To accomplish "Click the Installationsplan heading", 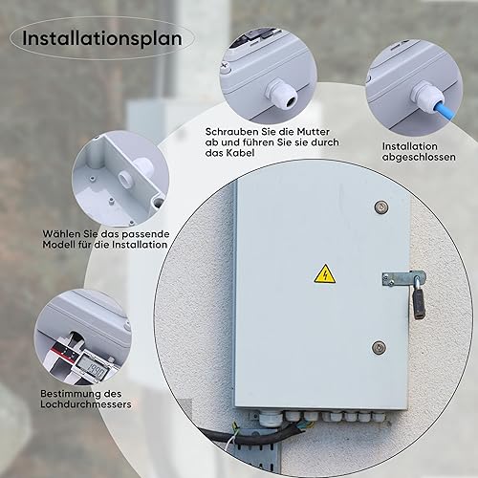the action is coord(102,38).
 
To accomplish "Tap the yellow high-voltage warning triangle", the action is coord(325,274).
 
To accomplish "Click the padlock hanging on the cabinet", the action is coord(419,303).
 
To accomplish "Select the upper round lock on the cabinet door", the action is coord(381,206).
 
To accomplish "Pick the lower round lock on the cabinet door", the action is coord(379,347).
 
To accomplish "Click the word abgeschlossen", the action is coord(419,157).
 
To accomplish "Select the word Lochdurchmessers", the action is coord(86,404).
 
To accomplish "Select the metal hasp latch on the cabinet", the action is coord(402,278).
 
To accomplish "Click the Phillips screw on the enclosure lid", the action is coord(224,67).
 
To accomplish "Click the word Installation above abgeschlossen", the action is coord(410,146).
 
